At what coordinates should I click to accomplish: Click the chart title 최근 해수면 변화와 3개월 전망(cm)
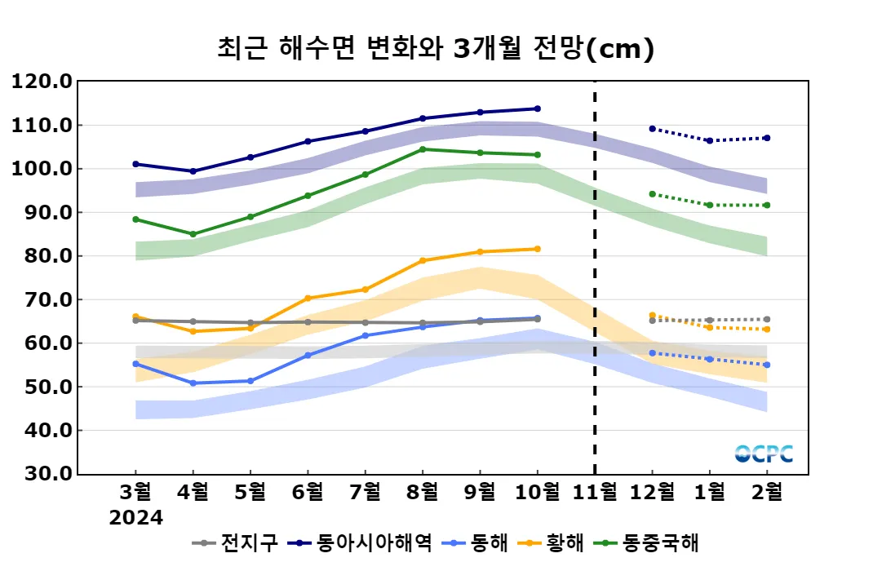[x=436, y=49]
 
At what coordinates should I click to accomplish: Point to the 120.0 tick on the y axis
[x=40, y=82]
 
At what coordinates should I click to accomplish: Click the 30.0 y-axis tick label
[x=40, y=474]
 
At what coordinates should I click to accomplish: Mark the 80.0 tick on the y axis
[x=40, y=256]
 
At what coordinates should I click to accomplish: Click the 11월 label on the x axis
[x=595, y=493]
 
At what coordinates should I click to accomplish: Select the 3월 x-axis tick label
[x=135, y=493]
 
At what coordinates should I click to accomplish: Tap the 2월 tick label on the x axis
[x=767, y=493]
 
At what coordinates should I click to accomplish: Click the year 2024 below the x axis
[x=136, y=518]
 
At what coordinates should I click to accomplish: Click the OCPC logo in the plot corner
[x=764, y=454]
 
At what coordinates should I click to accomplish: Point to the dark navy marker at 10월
[x=537, y=108]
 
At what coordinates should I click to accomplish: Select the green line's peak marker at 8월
[x=423, y=149]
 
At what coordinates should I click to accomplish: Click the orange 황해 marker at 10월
[x=537, y=249]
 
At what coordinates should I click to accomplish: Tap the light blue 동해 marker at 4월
[x=193, y=383]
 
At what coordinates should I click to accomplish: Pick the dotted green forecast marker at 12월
[x=652, y=194]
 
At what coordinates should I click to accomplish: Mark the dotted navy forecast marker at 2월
[x=767, y=138]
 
